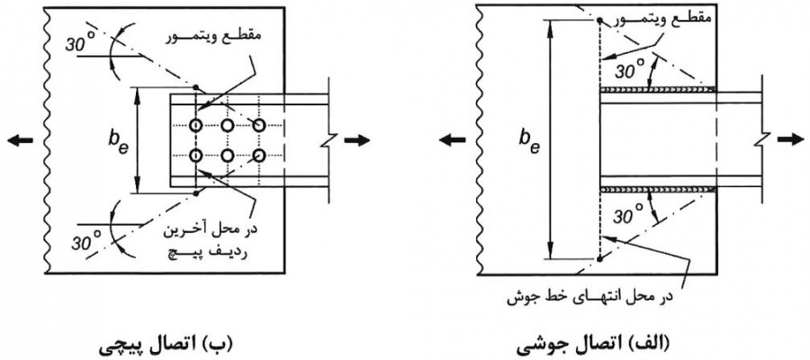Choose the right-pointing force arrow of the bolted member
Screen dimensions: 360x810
tap(357, 139)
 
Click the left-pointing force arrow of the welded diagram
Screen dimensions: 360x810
tap(449, 139)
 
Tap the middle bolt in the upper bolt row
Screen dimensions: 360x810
tap(228, 124)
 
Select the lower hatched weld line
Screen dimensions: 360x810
tap(657, 189)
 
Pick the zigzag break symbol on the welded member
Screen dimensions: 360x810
tap(762, 139)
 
